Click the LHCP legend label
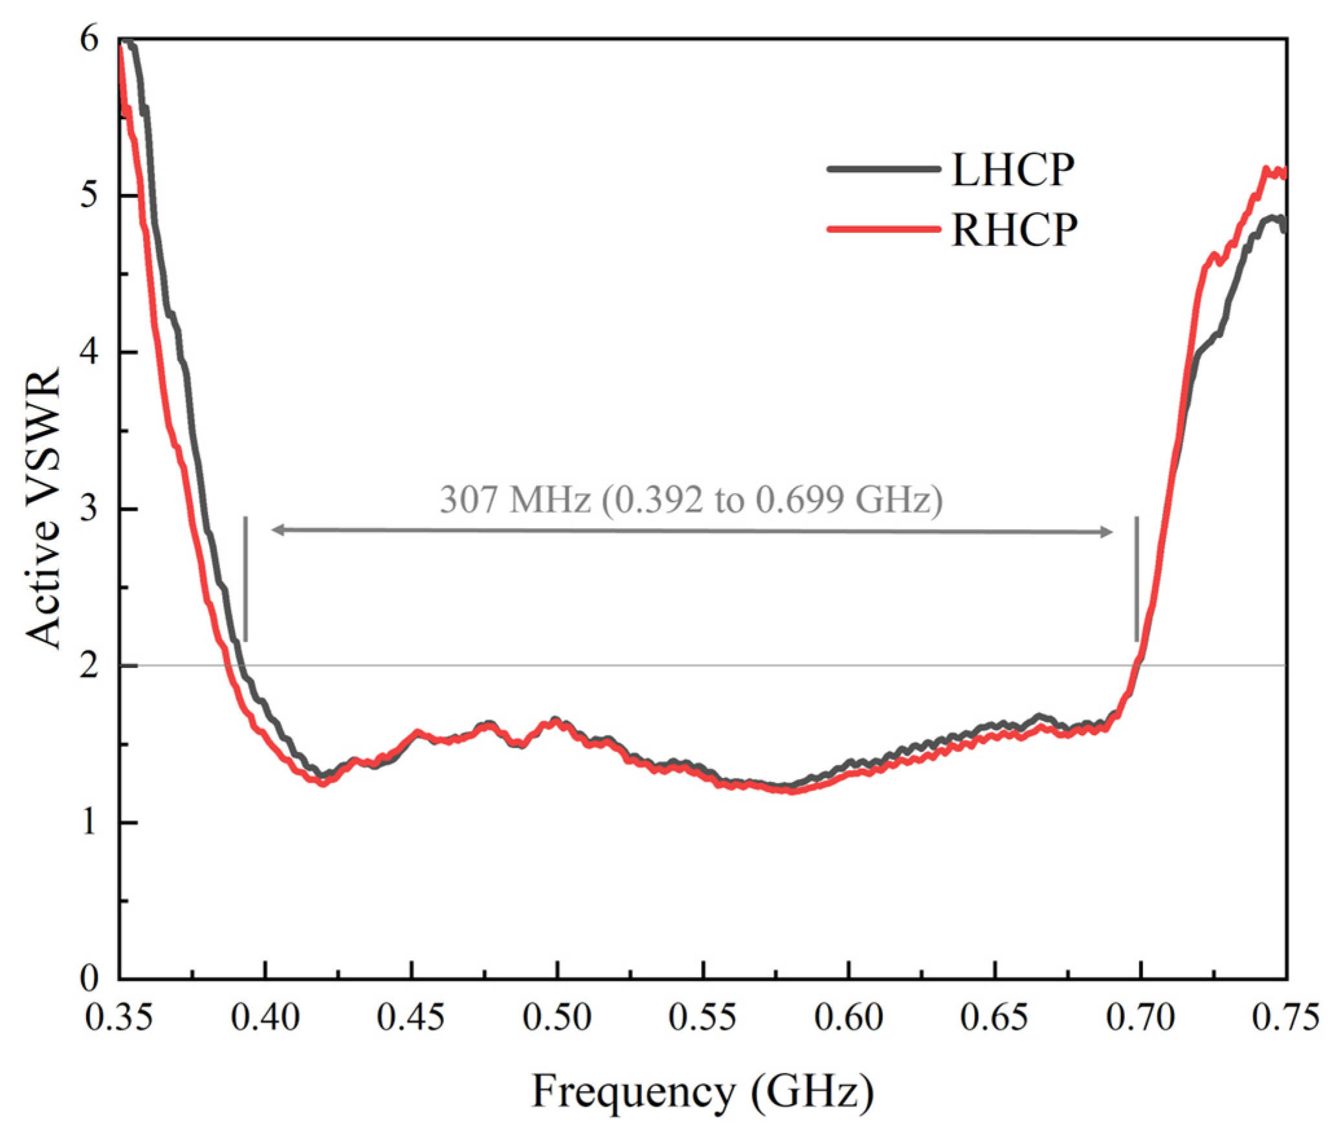[x=1013, y=170]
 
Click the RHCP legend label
[x=1014, y=230]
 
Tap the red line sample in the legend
[x=884, y=228]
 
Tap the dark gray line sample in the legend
[x=884, y=169]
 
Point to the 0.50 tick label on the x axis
[x=557, y=1017]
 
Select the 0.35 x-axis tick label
[x=119, y=1017]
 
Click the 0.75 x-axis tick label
[x=1285, y=1017]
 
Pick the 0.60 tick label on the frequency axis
[x=848, y=1017]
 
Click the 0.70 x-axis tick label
[x=1140, y=1017]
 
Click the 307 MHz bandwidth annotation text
[x=691, y=500]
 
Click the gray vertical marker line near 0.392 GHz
[x=245, y=579]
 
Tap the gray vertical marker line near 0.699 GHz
[x=1137, y=579]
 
